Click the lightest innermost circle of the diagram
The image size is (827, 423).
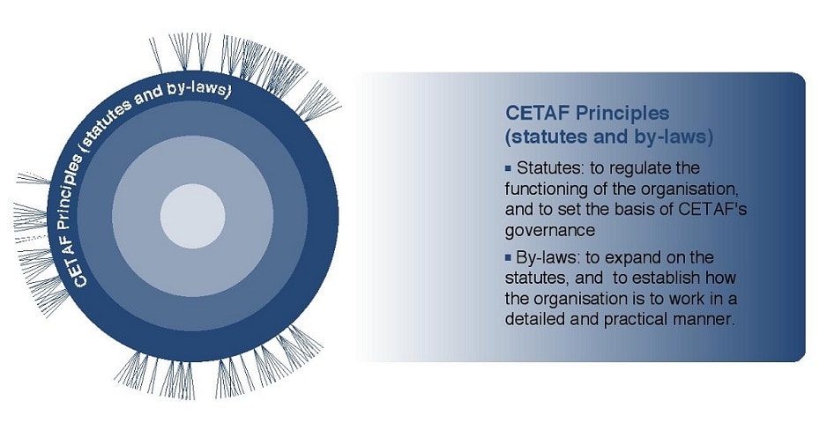tap(192, 216)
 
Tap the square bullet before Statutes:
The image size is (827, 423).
tap(509, 169)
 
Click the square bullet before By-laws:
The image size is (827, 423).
tap(509, 258)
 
